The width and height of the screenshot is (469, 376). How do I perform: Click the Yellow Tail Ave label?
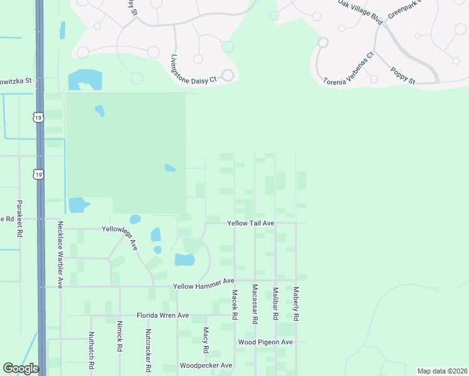(251, 223)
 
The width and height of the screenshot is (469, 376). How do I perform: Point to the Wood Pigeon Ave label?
(265, 342)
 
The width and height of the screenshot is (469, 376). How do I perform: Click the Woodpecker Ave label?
(206, 365)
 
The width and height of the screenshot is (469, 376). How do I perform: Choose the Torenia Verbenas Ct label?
(349, 68)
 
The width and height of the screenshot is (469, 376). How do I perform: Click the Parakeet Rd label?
(19, 218)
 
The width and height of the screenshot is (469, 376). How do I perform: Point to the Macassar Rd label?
(255, 304)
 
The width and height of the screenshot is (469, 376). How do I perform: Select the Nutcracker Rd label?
(148, 350)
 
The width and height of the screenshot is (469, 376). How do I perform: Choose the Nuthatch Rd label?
(92, 350)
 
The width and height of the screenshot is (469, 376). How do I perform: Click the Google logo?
(21, 368)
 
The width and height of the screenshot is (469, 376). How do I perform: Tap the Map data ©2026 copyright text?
(441, 371)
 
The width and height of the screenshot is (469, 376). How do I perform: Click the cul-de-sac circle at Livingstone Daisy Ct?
(227, 76)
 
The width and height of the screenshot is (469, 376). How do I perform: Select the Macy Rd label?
(206, 340)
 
